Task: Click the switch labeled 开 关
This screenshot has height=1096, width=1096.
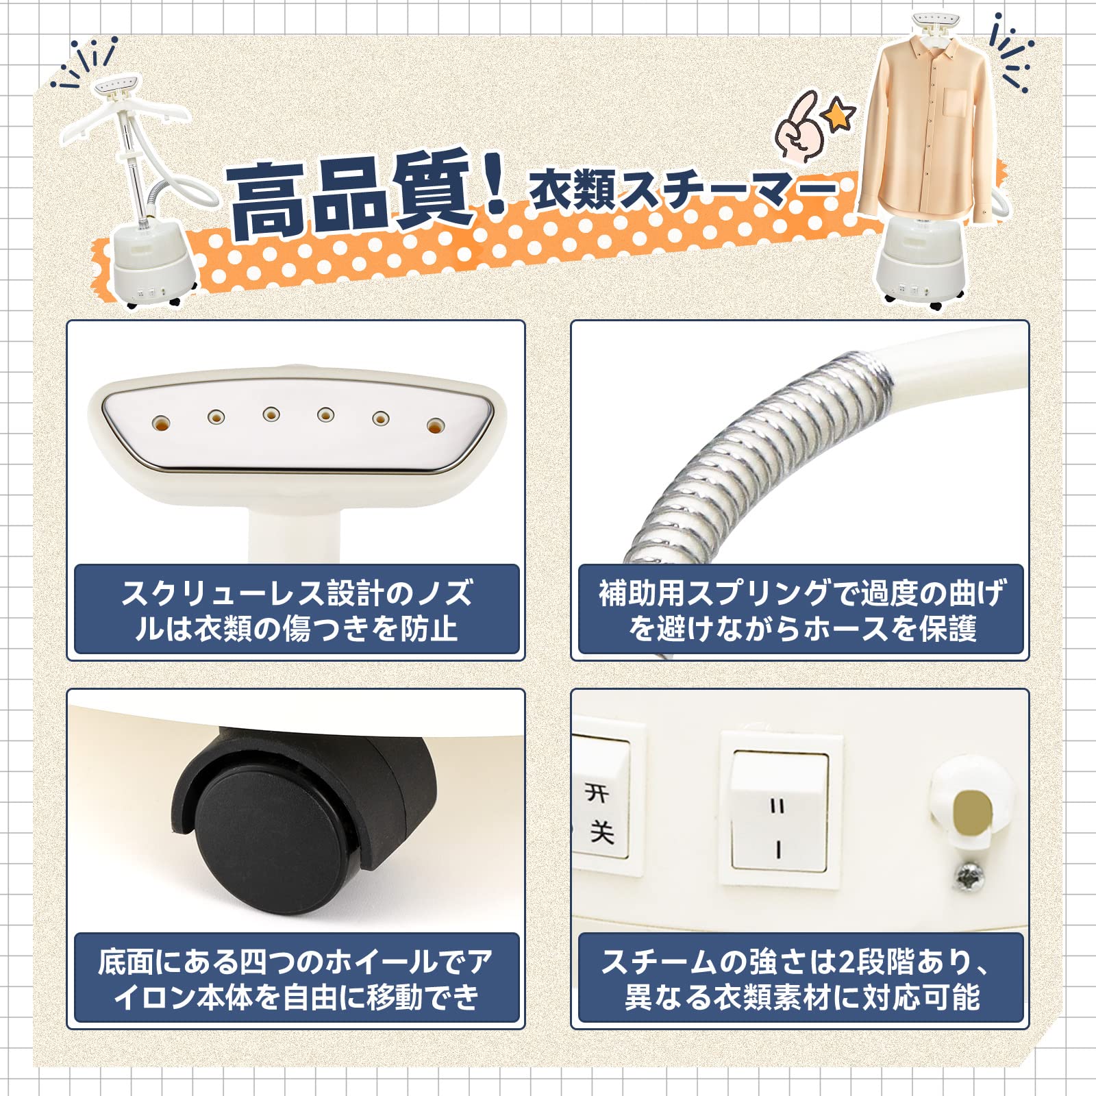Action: coord(603,812)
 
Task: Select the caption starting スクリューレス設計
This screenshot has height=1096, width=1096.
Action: coord(297,610)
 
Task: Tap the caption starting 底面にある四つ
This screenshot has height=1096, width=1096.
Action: coord(297,979)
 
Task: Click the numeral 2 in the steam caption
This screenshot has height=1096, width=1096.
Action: coord(847,962)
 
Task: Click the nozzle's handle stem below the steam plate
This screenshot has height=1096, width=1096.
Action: coord(295,531)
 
